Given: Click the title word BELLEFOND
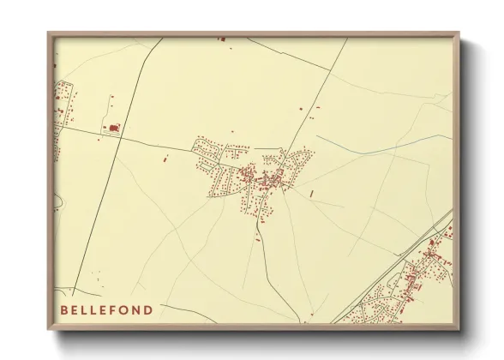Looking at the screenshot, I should [x=107, y=309].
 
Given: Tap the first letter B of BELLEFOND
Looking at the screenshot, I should [x=64, y=309].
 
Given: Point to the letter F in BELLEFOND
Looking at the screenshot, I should [x=117, y=309].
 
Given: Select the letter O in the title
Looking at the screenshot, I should [x=127, y=309].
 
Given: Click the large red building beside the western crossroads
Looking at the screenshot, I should [x=112, y=129].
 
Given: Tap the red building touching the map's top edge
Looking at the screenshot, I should [x=221, y=39].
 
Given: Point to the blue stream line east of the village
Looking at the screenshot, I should [x=377, y=146].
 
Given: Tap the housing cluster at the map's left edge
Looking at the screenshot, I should [x=62, y=107].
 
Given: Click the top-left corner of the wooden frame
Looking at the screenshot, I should [x=48, y=33].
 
